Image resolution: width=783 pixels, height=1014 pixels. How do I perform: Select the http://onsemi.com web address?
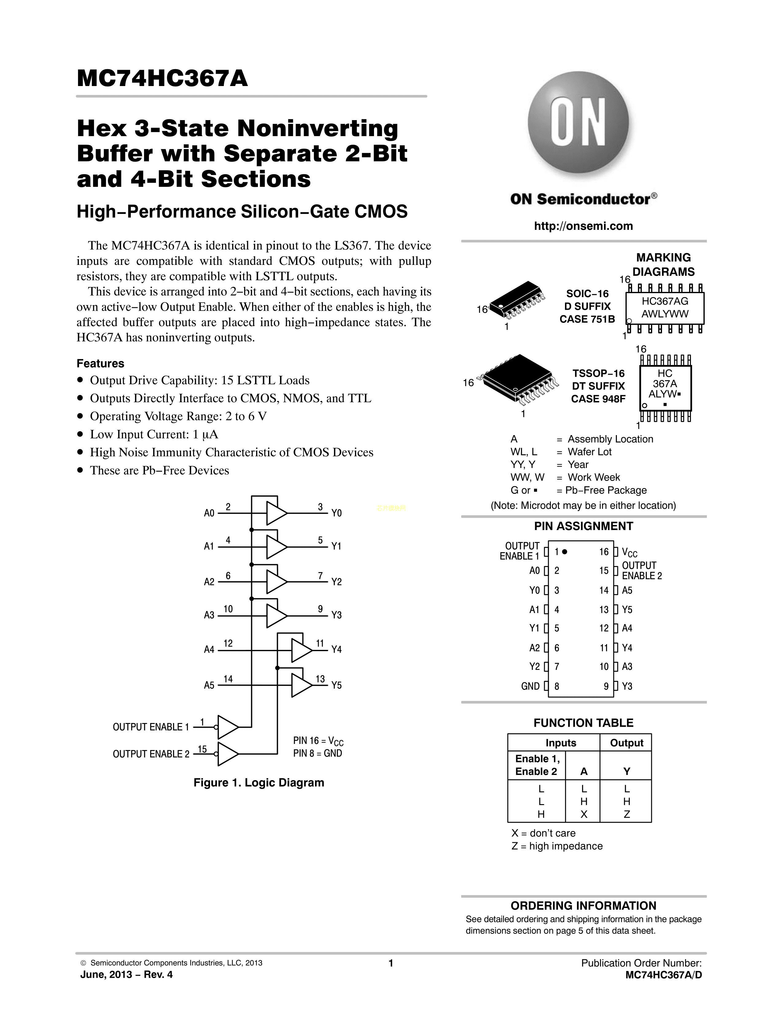[583, 226]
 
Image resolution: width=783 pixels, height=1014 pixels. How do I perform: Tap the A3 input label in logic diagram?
[209, 615]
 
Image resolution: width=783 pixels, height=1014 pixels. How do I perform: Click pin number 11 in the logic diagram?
[320, 643]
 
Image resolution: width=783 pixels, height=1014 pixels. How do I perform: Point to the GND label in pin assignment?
[530, 686]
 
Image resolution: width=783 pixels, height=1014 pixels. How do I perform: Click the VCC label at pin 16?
[629, 552]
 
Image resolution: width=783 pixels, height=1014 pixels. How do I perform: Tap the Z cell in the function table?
[626, 814]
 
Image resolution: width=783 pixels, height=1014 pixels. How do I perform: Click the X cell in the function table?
[583, 814]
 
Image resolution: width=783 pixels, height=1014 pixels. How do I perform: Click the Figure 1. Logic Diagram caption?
[258, 783]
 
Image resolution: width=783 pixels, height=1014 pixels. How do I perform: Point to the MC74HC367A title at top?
[162, 78]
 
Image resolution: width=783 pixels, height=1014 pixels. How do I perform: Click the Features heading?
[100, 364]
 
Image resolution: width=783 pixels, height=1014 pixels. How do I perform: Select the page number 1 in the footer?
[391, 963]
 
